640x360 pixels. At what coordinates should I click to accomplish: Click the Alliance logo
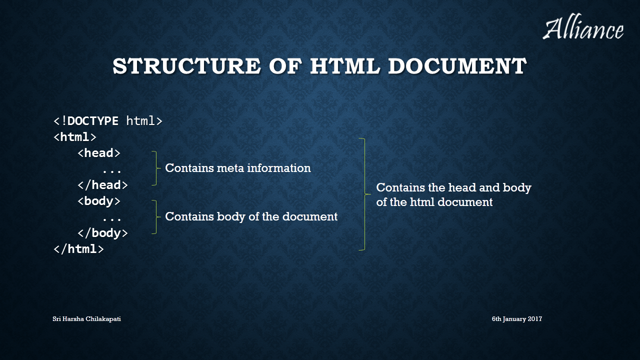point(583,27)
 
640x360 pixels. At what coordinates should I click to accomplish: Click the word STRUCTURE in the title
point(186,66)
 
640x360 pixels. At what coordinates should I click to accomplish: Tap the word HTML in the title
point(345,66)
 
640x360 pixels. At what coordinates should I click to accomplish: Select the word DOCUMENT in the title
point(457,66)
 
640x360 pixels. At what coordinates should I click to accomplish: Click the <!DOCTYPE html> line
point(108,121)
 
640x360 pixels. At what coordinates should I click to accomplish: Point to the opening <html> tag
point(75,137)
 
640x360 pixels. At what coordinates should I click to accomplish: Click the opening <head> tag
point(99,153)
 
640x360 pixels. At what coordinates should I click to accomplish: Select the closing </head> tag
point(102,185)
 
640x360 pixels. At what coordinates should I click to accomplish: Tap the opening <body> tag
point(99,201)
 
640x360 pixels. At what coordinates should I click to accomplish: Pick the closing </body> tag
point(102,233)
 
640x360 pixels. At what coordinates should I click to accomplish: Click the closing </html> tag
point(78,249)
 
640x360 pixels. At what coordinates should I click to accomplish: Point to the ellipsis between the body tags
point(111,219)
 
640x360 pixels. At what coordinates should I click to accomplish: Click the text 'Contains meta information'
point(238,168)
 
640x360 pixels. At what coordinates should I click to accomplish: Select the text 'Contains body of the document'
point(251,216)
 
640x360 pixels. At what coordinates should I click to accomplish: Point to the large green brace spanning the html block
point(365,194)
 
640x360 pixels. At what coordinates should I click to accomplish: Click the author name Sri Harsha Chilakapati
point(86,319)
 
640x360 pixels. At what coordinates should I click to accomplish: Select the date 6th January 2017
point(517,319)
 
